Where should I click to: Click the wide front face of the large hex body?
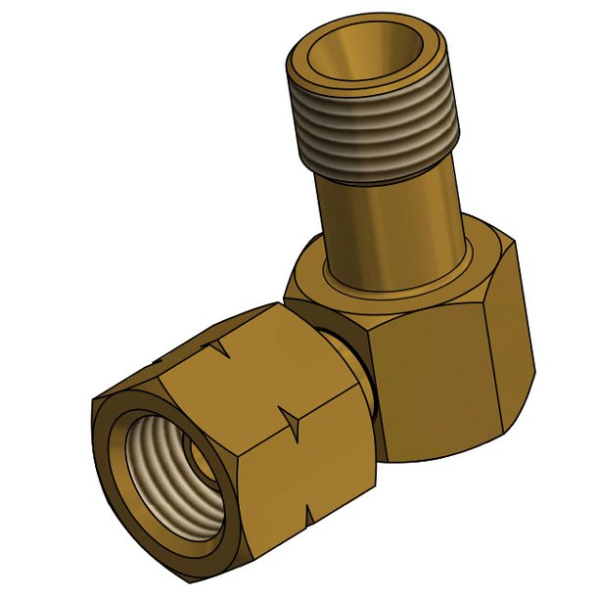pos(431,382)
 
